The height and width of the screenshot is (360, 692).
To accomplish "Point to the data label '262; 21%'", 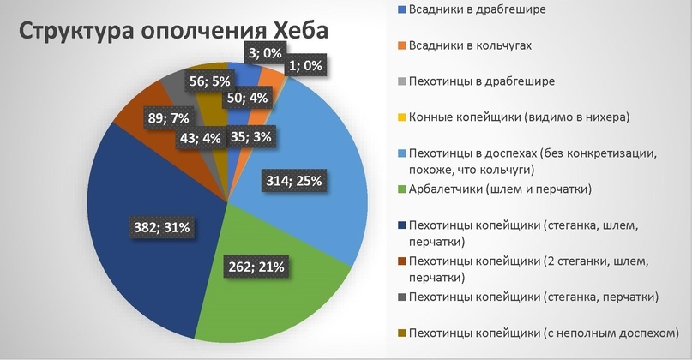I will [254, 266].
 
